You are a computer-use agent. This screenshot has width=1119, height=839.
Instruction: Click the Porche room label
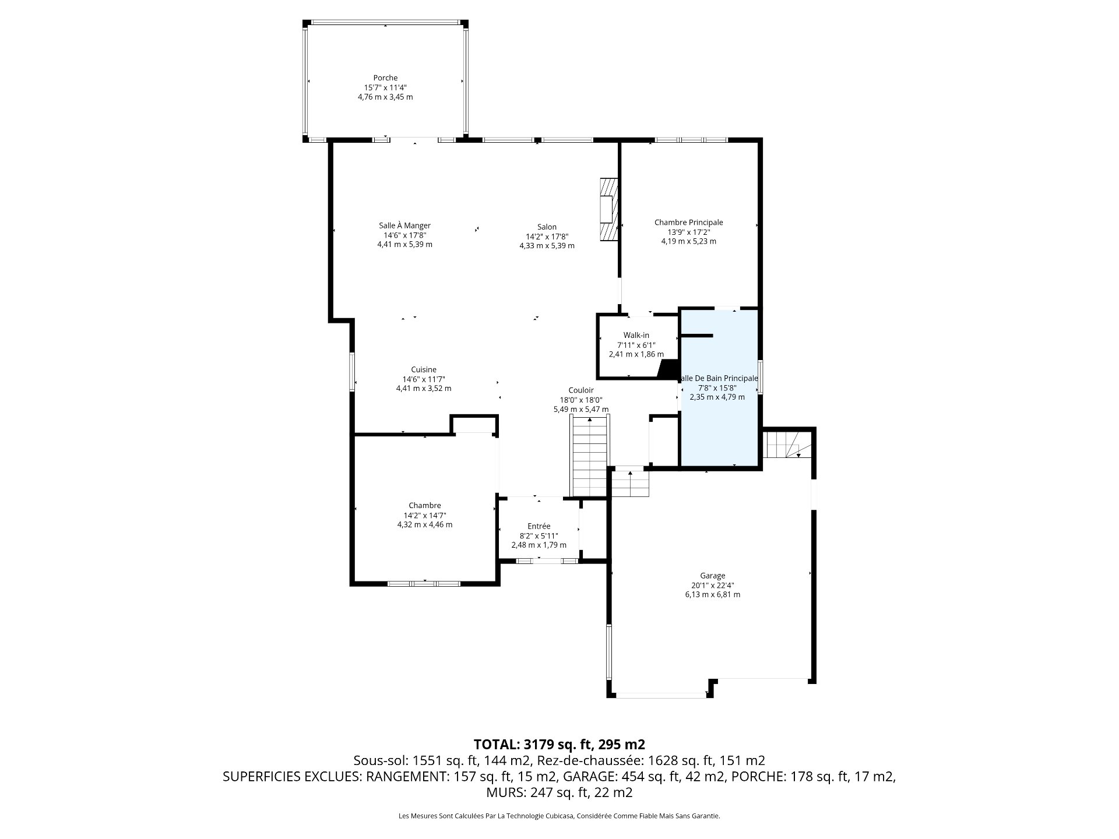[x=385, y=78]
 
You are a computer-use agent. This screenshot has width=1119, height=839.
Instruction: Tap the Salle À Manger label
[x=404, y=226]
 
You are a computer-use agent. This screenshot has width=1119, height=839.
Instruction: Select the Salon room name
[x=547, y=227]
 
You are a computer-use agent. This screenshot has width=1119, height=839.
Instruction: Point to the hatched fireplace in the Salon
[x=608, y=209]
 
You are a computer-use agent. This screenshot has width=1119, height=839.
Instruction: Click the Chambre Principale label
[x=688, y=223]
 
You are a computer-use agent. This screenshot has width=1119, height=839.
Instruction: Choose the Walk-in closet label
[x=636, y=336]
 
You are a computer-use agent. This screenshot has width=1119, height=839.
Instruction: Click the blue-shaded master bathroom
[x=720, y=388]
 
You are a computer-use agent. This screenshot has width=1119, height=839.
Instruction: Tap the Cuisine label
[x=424, y=370]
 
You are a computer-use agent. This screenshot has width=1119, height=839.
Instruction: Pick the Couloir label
[x=581, y=390]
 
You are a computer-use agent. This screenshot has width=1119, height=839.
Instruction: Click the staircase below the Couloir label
[x=591, y=455]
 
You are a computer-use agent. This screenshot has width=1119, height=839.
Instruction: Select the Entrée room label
[x=539, y=527]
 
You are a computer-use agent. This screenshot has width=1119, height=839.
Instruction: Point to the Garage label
[x=712, y=576]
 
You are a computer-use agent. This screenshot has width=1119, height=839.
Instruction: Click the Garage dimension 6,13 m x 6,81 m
[x=712, y=595]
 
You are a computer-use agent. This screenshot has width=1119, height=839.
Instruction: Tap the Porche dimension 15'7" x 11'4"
[x=385, y=88]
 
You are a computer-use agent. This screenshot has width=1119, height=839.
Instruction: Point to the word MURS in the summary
[x=505, y=792]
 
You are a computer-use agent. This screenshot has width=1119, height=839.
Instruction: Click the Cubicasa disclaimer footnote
[x=559, y=816]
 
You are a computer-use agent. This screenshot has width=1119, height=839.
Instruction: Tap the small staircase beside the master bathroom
[x=787, y=444]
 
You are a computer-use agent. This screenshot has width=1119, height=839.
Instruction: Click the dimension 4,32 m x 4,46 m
[x=424, y=524]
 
